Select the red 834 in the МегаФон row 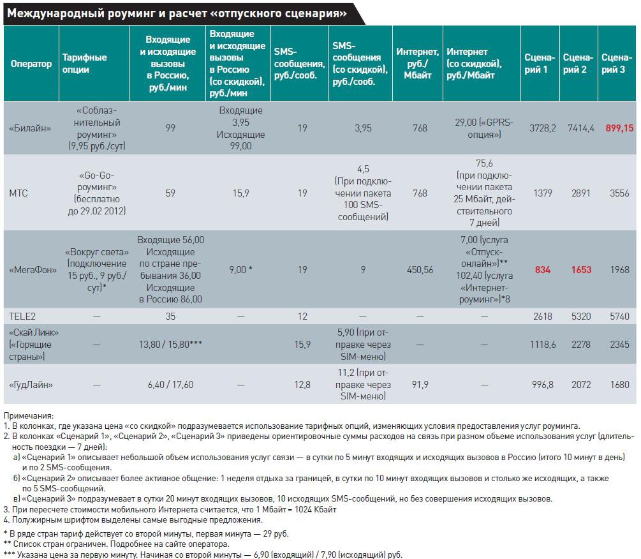(542, 270)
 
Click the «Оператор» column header (31, 64)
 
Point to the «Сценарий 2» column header (578, 64)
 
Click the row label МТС (19, 193)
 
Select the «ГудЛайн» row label (31, 385)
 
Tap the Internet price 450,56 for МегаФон (419, 270)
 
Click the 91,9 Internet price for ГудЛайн (419, 385)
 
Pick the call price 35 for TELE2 (170, 316)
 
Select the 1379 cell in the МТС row (542, 193)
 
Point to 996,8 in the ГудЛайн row (542, 385)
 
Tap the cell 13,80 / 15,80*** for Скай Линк (170, 345)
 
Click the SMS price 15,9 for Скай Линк (302, 345)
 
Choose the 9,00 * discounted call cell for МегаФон (240, 270)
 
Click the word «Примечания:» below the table (29, 415)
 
